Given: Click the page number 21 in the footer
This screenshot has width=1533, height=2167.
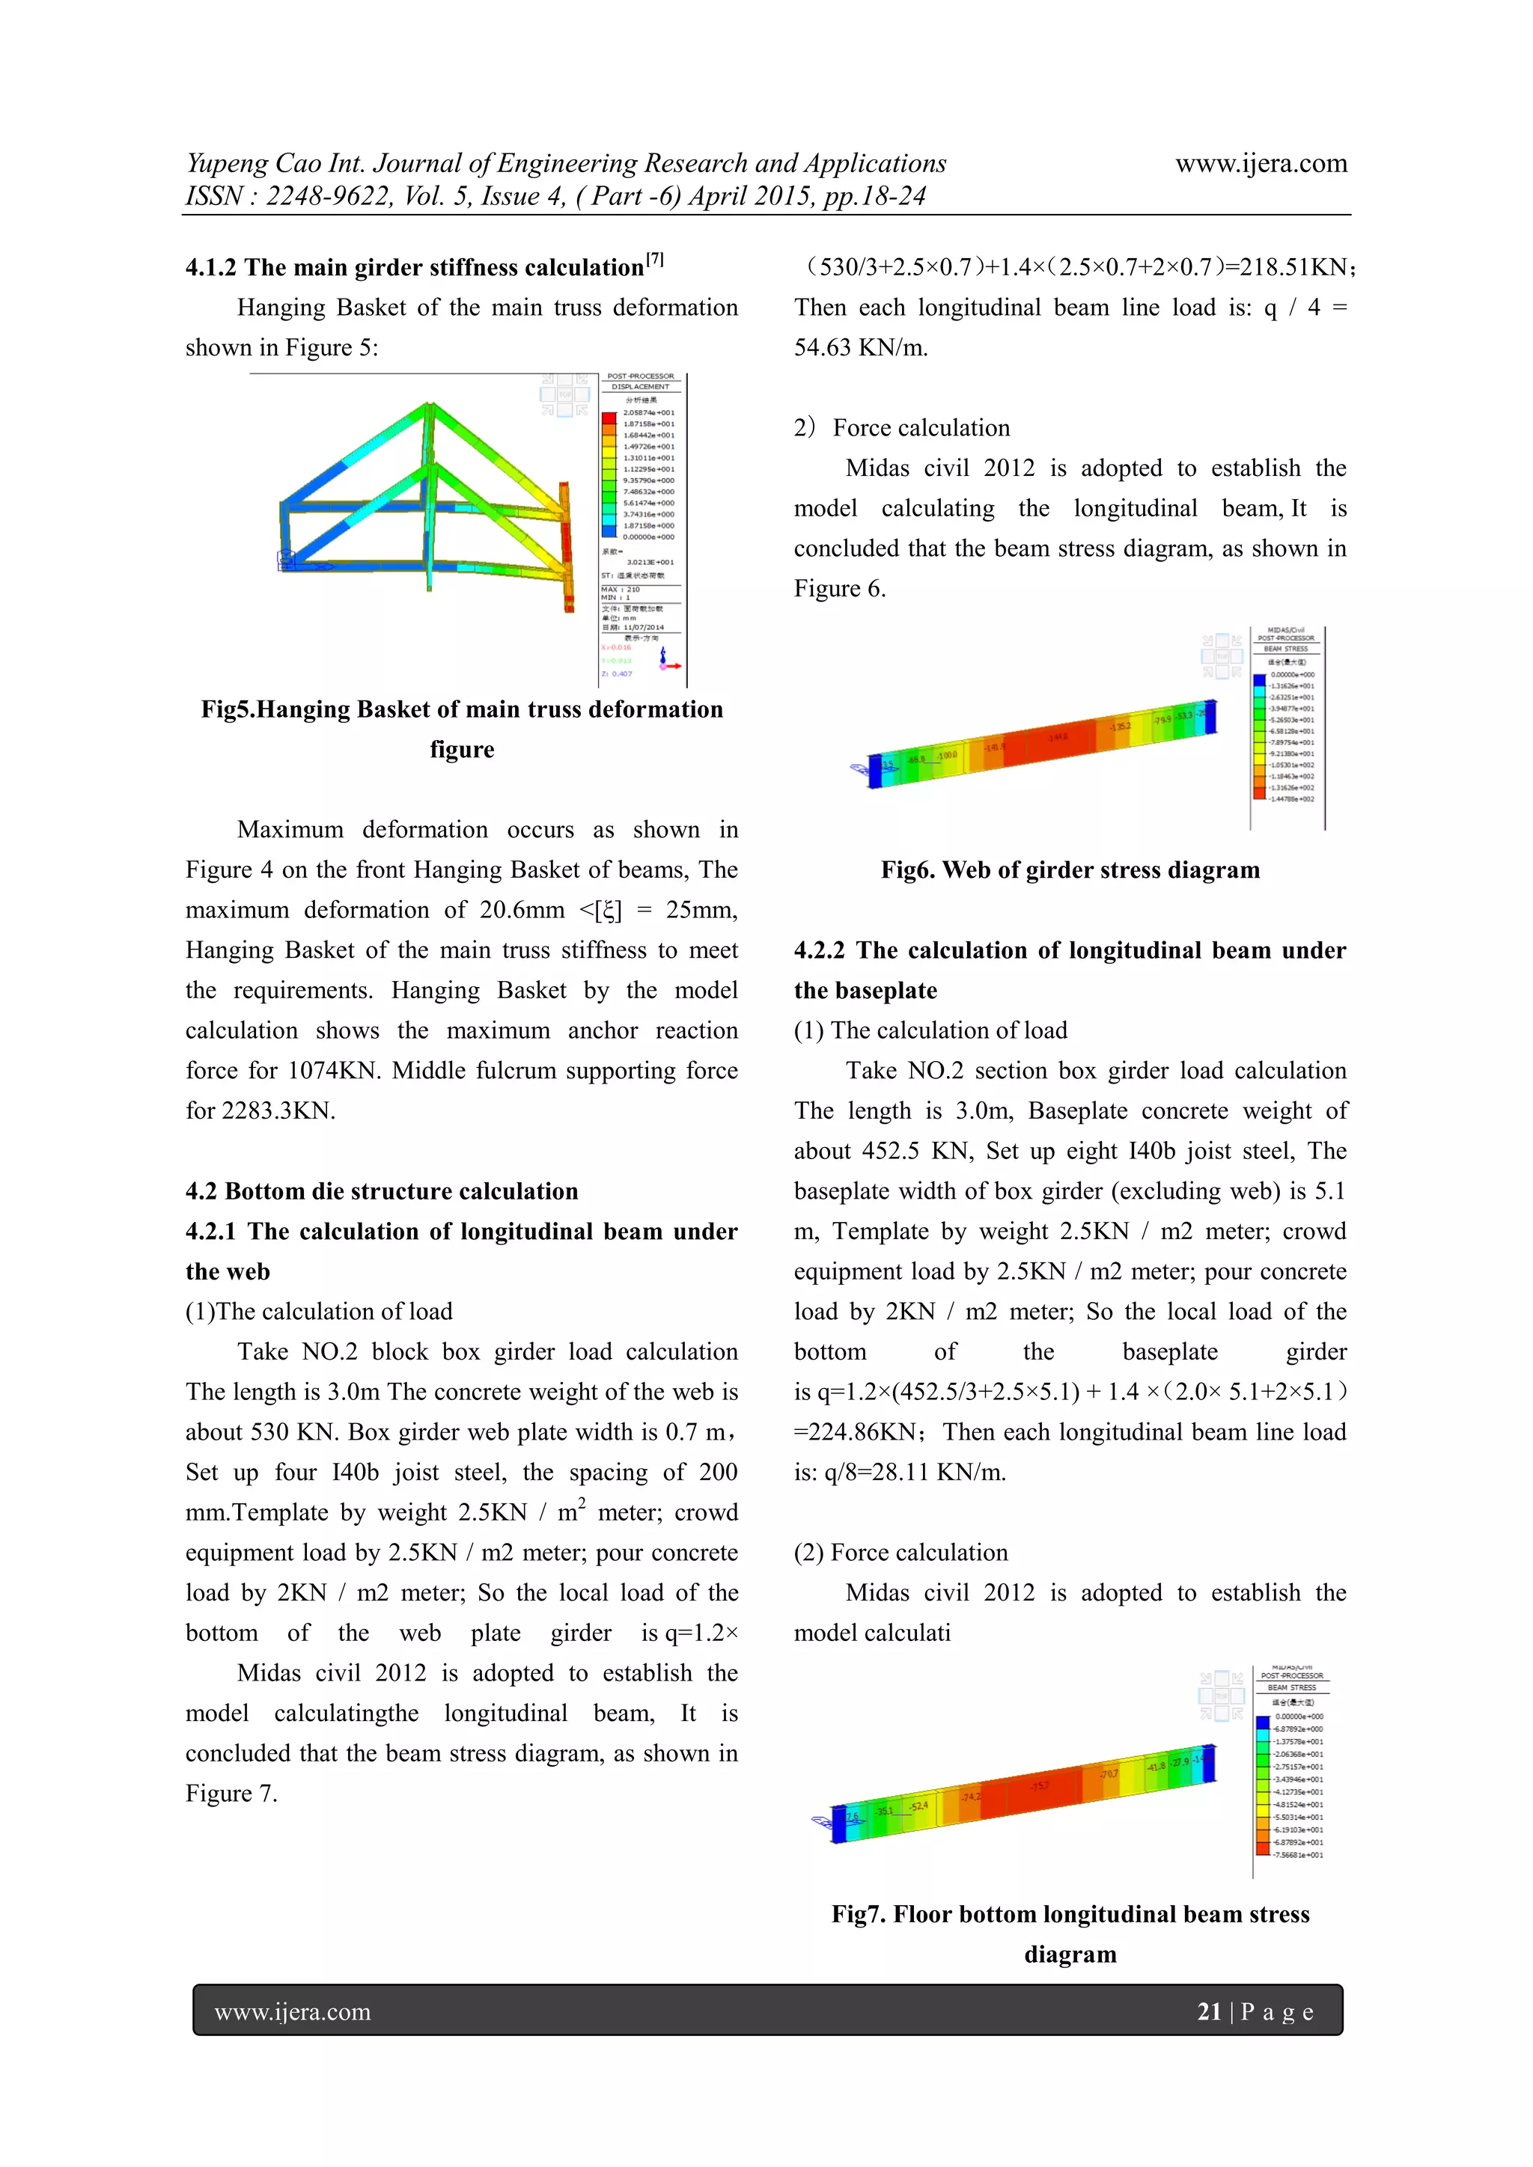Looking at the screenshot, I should tap(1208, 2011).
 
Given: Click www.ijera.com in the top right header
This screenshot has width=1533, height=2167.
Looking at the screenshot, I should tap(1261, 163).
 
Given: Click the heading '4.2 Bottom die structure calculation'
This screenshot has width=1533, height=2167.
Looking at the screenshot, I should tap(381, 1191).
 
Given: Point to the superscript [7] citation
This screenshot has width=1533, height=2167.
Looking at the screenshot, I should tap(655, 260).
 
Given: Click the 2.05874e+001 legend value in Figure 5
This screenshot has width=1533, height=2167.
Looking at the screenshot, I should tap(648, 412).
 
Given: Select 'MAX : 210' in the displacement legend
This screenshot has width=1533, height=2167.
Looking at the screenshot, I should tap(621, 589).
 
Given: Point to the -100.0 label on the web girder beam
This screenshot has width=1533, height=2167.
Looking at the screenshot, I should tap(947, 755).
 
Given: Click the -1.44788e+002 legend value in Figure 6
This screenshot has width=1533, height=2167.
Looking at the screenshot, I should tap(1291, 798).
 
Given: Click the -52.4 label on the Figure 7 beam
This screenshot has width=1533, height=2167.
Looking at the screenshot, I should tap(918, 1806).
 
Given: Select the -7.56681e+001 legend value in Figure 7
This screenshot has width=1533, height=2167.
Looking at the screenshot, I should tap(1298, 1855).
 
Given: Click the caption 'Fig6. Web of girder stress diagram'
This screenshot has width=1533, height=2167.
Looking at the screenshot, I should tap(1070, 870).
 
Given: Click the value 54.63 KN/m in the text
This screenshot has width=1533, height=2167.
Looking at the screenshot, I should tap(860, 347).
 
